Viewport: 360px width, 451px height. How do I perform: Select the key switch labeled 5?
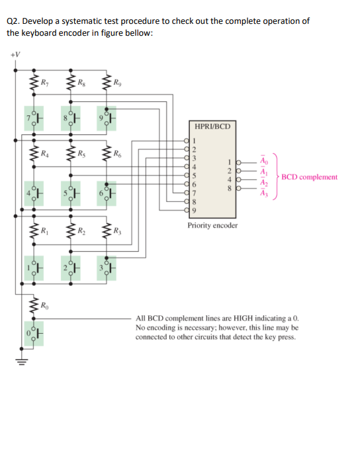click(71, 196)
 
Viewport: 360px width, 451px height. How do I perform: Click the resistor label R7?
click(44, 83)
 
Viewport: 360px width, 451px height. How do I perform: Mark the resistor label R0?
click(44, 306)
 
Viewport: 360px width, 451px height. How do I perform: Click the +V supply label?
click(15, 54)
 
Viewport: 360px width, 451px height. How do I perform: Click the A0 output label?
click(265, 162)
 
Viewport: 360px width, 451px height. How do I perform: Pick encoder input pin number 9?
click(195, 210)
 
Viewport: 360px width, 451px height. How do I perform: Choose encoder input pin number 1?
click(195, 140)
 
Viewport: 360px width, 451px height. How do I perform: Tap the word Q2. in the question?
click(13, 21)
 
